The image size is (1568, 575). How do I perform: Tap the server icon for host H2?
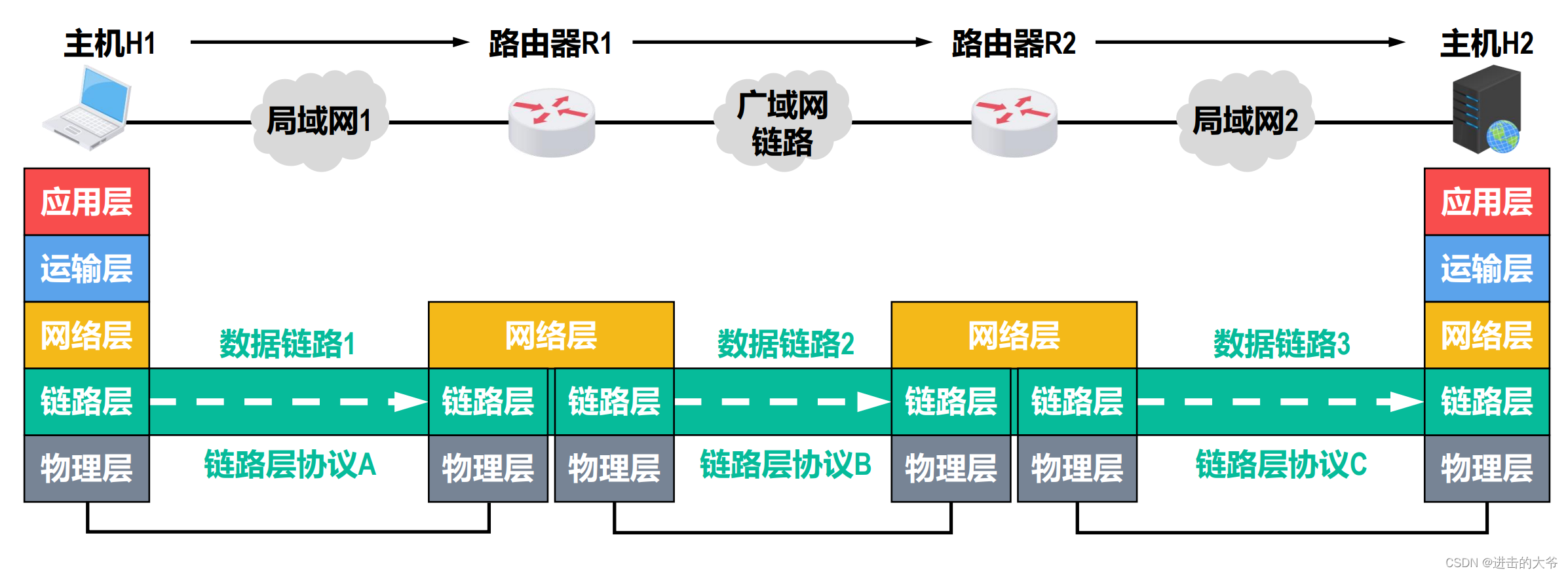[x=1487, y=111]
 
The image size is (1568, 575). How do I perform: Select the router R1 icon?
[x=552, y=122]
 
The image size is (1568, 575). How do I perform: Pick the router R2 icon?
[x=1014, y=122]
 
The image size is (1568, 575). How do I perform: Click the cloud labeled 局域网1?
[x=320, y=121]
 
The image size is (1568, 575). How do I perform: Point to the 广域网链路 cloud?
[x=782, y=122]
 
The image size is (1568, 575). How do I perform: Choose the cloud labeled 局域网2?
[x=1245, y=121]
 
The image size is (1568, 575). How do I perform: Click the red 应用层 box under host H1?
[x=86, y=202]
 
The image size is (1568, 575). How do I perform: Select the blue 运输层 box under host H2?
[x=1486, y=269]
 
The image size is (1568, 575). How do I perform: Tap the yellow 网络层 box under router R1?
[x=551, y=335]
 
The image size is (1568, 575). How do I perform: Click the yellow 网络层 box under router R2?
[x=1014, y=335]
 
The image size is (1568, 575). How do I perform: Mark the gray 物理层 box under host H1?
[x=86, y=468]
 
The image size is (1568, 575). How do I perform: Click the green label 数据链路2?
[x=786, y=344]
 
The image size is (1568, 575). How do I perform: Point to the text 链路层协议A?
[x=290, y=464]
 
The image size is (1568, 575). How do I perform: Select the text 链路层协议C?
[x=1281, y=464]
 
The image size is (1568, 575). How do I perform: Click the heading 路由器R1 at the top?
[x=550, y=43]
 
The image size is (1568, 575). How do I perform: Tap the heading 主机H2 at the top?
[x=1486, y=43]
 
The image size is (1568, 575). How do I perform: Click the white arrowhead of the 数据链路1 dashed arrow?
[x=410, y=401]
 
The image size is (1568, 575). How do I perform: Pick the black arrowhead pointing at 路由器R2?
[x=924, y=42]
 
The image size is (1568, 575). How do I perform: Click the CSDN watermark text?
[x=1501, y=563]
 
